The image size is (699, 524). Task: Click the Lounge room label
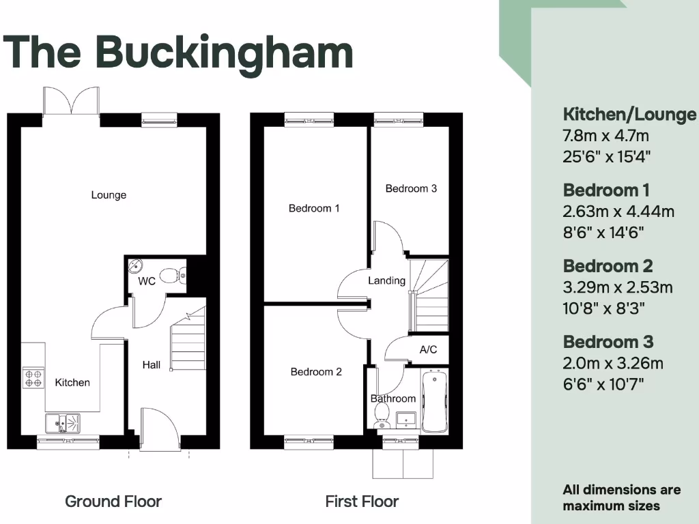109,195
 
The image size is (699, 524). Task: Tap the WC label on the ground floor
147,281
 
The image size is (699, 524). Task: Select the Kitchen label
72,382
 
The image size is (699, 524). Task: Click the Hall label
152,365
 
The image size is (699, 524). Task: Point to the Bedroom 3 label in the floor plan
411,188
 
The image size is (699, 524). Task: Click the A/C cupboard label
428,350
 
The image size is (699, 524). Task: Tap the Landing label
386,280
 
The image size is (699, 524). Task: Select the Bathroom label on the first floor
393,398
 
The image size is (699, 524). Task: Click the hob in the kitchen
33,377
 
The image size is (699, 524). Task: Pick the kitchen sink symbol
62,423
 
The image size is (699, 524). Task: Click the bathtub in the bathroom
434,401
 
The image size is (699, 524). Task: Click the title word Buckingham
224,52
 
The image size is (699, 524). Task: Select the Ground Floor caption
113,501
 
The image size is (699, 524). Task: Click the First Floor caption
362,501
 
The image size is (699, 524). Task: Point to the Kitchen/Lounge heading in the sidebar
629,114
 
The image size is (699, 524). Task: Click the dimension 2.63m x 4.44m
618,212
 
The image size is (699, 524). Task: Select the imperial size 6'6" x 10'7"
603,384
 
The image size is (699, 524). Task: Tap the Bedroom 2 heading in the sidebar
608,266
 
